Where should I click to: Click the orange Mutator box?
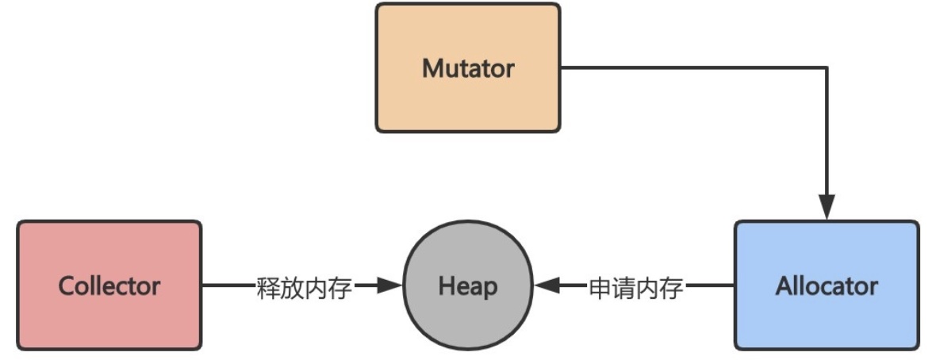(467, 103)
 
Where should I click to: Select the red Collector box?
(109, 317)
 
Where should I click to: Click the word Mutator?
(467, 68)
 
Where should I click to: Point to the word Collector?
(109, 285)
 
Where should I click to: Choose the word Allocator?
(826, 285)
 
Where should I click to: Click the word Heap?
(468, 285)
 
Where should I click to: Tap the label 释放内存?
(304, 287)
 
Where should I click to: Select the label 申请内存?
(635, 287)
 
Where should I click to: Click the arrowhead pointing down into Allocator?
(827, 209)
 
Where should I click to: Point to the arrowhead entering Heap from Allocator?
(548, 285)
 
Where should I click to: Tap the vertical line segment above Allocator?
(827, 135)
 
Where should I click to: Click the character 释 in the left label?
(268, 287)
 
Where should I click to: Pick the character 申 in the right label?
(600, 287)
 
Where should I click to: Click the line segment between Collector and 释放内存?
(228, 285)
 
